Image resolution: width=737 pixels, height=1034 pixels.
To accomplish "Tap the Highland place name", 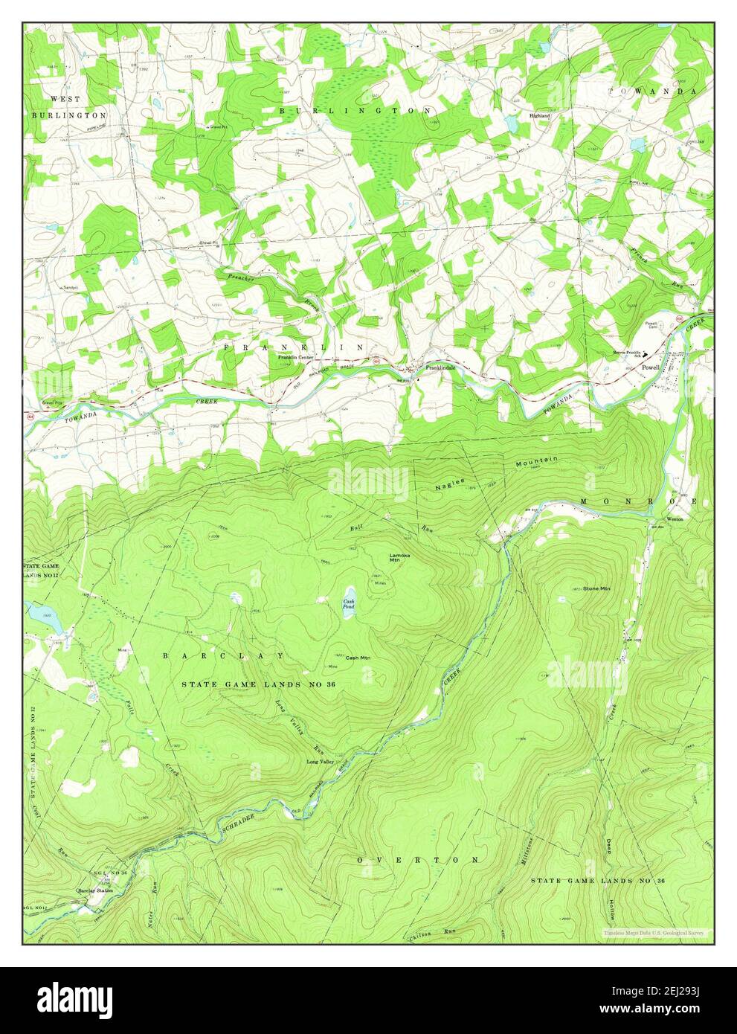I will [x=539, y=117].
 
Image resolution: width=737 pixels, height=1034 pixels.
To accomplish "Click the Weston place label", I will [x=675, y=518].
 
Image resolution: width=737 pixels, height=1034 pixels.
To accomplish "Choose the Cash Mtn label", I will [x=358, y=658].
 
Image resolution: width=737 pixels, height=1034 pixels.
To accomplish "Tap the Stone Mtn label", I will [x=596, y=588].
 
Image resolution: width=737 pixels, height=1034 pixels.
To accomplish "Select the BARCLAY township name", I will [x=223, y=656].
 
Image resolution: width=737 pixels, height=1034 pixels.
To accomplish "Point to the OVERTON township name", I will [x=418, y=860].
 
